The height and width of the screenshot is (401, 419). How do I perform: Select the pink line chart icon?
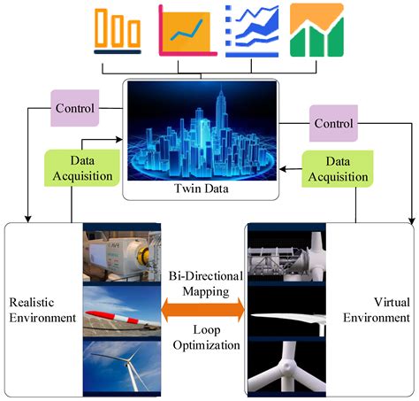(x=187, y=30)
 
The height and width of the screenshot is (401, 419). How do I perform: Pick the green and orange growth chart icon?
(x=315, y=30)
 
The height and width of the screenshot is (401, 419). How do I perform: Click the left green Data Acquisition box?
(x=80, y=167)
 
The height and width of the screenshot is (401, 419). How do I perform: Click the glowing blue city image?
(x=201, y=133)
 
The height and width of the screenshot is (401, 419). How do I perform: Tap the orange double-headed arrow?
(x=202, y=309)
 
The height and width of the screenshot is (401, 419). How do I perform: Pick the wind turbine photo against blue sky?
(x=124, y=365)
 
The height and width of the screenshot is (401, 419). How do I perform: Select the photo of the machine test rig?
(x=124, y=257)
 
